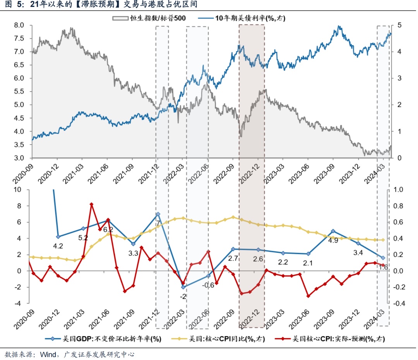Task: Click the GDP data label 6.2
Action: [x=108, y=229]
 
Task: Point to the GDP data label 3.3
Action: [x=133, y=253]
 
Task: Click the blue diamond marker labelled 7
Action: [x=158, y=214]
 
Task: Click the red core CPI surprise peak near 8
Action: [x=91, y=204]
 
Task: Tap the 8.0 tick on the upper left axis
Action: [x=19, y=25]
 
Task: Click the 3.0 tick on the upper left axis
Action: [x=19, y=158]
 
